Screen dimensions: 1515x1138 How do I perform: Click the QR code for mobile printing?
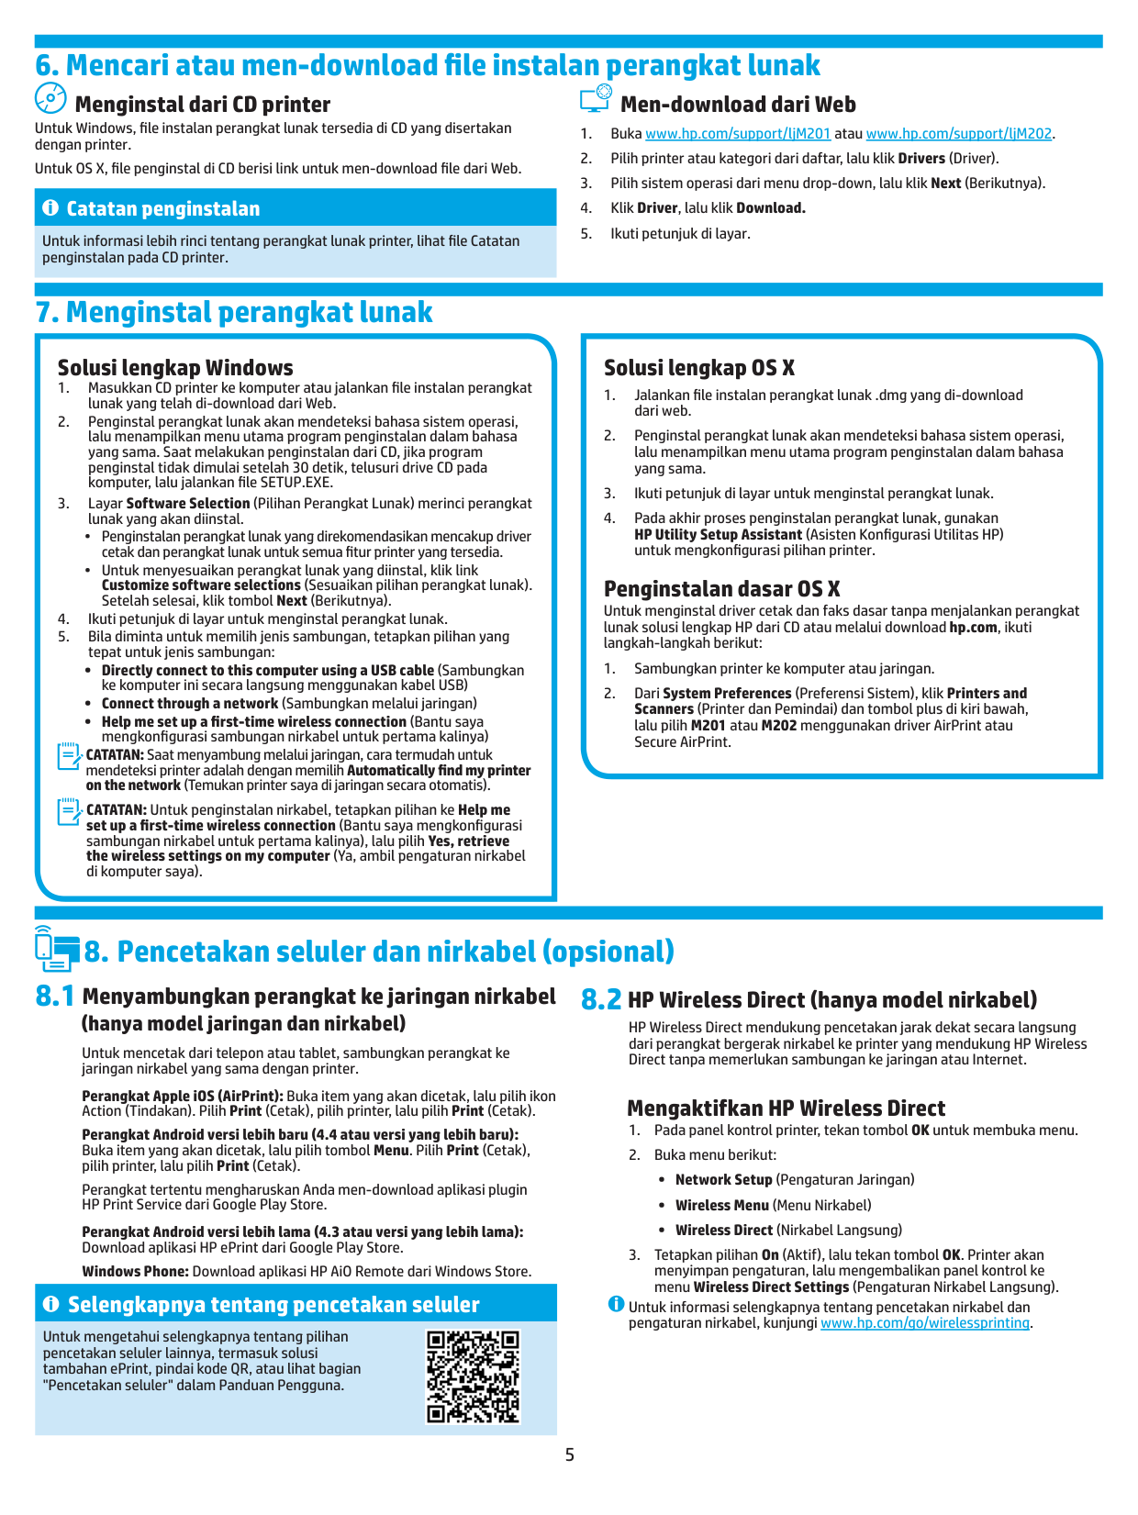click(473, 1376)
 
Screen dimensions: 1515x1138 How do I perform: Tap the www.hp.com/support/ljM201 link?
click(738, 134)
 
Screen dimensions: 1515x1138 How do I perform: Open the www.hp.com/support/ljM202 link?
click(958, 134)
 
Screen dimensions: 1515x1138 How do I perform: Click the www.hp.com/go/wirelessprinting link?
click(924, 1323)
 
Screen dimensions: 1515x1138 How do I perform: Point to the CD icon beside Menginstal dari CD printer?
click(50, 98)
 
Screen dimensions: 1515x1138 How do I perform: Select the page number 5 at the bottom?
click(569, 1454)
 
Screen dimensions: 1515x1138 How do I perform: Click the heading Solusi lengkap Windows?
click(175, 368)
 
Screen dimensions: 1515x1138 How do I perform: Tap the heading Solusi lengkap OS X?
click(699, 368)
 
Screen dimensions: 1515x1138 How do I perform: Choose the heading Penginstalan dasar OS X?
click(721, 589)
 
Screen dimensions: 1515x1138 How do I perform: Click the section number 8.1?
click(55, 997)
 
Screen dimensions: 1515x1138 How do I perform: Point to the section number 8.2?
click(601, 1000)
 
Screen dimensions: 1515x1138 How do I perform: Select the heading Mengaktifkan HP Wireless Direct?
click(786, 1108)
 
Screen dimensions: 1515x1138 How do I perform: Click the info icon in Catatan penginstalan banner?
click(50, 208)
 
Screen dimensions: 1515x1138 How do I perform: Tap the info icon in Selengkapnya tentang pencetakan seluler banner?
click(51, 1304)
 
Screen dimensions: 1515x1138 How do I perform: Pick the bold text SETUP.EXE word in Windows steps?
click(296, 483)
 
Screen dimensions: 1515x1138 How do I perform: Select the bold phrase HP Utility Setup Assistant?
click(718, 534)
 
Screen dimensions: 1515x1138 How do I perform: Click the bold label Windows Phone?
click(135, 1272)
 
